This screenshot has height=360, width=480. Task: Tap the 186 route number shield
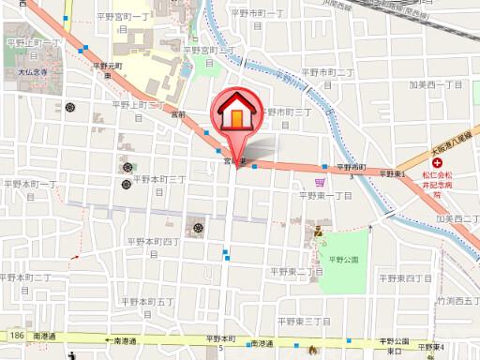tap(14, 335)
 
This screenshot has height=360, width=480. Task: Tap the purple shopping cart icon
tap(320, 182)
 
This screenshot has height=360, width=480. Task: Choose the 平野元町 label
tap(108, 66)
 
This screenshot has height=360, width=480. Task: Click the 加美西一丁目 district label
tap(438, 84)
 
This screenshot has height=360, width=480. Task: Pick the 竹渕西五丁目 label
tap(460, 301)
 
